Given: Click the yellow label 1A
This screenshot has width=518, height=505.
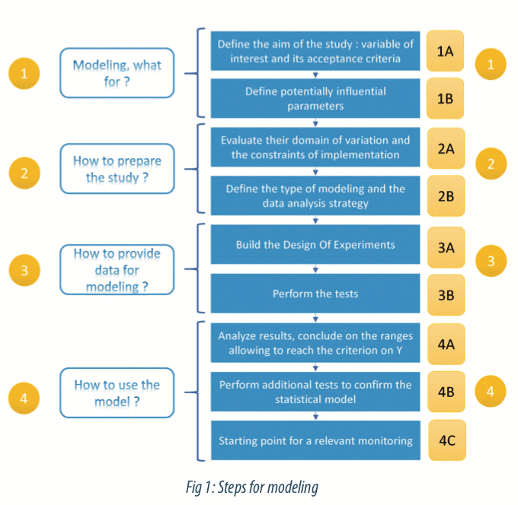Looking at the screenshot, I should pyautogui.click(x=446, y=51).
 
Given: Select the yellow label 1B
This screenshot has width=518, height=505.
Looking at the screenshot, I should pyautogui.click(x=446, y=99).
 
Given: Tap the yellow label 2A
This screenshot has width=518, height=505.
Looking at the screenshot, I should pyautogui.click(x=446, y=148).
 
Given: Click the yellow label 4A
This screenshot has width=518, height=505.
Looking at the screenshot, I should pyautogui.click(x=446, y=344).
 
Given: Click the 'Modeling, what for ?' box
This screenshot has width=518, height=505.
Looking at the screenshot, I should pyautogui.click(x=117, y=73).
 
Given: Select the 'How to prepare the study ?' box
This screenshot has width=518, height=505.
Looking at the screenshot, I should pyautogui.click(x=117, y=169).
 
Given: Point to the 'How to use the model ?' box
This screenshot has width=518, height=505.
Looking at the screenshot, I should pyautogui.click(x=117, y=392).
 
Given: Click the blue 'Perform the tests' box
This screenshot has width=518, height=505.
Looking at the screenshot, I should pyautogui.click(x=315, y=292).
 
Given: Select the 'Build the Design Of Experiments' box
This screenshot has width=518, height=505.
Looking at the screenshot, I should pyautogui.click(x=315, y=244).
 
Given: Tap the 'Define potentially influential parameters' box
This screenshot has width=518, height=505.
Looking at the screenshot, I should pyautogui.click(x=315, y=99).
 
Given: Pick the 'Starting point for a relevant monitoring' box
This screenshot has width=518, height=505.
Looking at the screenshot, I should pyautogui.click(x=315, y=440).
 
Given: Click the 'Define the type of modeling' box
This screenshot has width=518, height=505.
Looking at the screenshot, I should pyautogui.click(x=315, y=195).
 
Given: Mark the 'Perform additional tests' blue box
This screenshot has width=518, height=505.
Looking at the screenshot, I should pyautogui.click(x=315, y=392).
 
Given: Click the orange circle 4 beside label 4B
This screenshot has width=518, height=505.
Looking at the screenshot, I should pyautogui.click(x=491, y=392).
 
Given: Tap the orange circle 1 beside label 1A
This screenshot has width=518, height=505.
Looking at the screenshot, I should pyautogui.click(x=491, y=65).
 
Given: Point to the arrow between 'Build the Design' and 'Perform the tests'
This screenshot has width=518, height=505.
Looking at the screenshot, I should pyautogui.click(x=315, y=268).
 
